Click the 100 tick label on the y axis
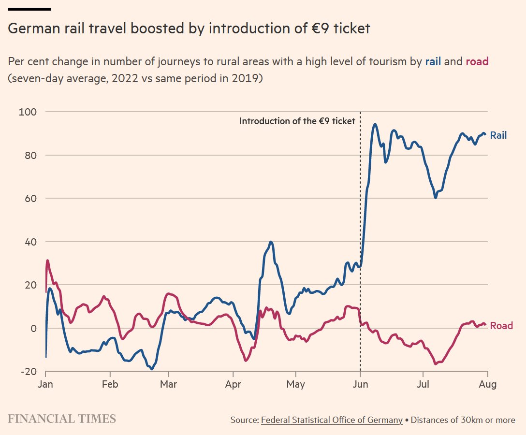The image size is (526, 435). (28, 112)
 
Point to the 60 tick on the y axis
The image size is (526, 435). (30, 198)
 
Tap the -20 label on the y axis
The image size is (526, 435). (28, 371)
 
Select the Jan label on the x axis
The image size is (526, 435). (45, 385)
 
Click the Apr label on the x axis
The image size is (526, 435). (233, 385)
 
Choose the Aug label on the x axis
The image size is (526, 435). (487, 385)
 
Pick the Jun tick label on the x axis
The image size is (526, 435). (360, 385)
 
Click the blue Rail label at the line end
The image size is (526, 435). (498, 135)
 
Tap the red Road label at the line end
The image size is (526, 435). (501, 326)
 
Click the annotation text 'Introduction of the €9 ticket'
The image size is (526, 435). (297, 121)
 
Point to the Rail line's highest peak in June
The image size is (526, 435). (375, 124)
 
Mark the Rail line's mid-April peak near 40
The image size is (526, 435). (271, 242)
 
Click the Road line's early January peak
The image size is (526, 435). (47, 261)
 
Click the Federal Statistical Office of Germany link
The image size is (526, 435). (332, 420)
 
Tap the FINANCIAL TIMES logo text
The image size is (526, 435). (61, 419)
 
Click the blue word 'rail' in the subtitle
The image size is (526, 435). (433, 61)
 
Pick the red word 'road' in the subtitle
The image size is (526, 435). (477, 61)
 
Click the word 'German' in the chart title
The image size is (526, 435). (31, 29)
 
